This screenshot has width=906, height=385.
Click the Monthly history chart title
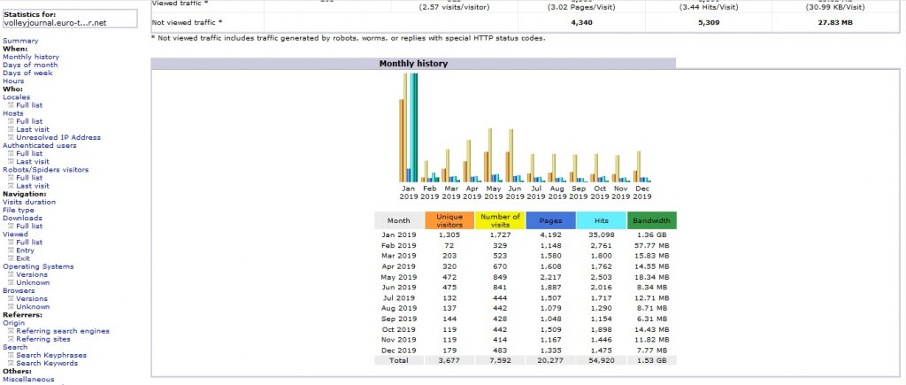click(413, 64)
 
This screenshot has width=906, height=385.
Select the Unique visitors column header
click(449, 220)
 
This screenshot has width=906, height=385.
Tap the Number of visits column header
click(500, 220)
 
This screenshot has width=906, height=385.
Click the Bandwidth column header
click(652, 220)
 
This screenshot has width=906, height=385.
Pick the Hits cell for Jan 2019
click(601, 235)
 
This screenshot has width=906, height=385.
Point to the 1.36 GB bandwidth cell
click(652, 235)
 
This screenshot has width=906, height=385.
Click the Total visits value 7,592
click(500, 360)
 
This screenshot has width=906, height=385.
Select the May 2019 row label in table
click(398, 277)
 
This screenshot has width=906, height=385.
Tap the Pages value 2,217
click(550, 277)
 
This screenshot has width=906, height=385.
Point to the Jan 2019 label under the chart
click(408, 192)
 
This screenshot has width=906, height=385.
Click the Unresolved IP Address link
click(58, 137)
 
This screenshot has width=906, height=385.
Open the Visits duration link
click(29, 202)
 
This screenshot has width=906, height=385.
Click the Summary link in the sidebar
click(20, 41)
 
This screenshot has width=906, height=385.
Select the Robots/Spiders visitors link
click(46, 169)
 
